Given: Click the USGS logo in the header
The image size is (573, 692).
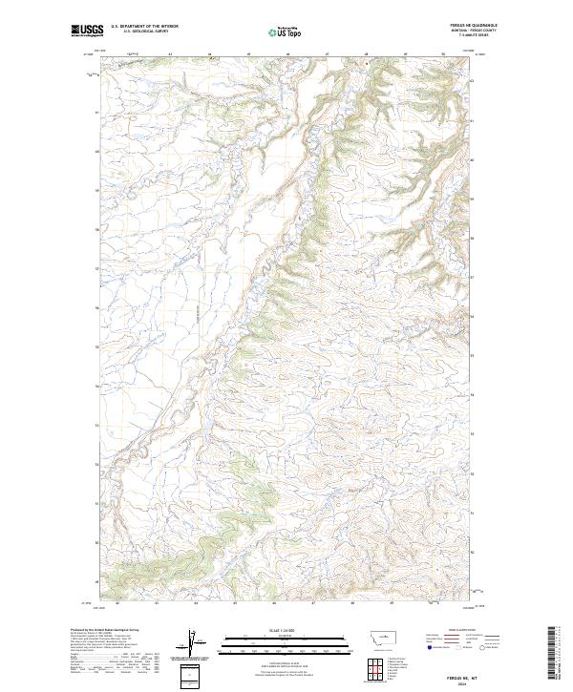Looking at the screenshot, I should pyautogui.click(x=87, y=31).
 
